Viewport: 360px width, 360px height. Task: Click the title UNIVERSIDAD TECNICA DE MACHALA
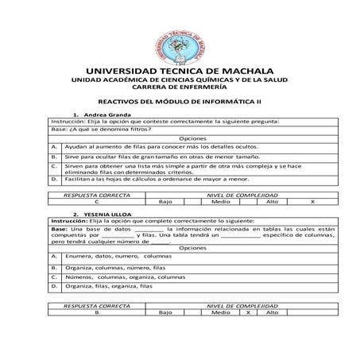pyautogui.click(x=180, y=71)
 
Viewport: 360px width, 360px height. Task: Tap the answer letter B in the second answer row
pyautogui.click(x=96, y=312)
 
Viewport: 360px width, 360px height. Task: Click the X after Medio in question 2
pyautogui.click(x=249, y=312)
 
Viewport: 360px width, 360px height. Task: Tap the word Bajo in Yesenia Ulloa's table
pyautogui.click(x=165, y=312)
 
